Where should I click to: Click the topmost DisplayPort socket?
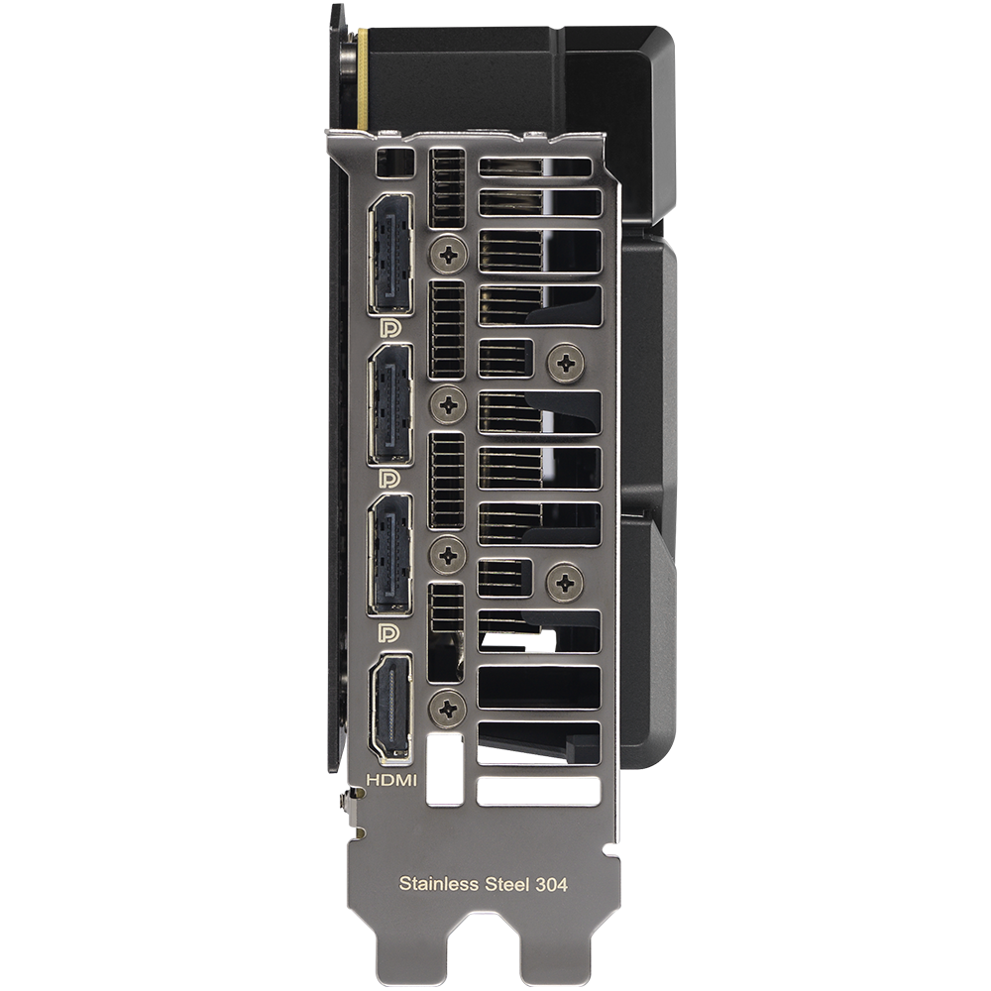click(x=391, y=254)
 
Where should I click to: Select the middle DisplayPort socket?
click(x=391, y=404)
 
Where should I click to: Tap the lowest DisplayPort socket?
click(x=391, y=554)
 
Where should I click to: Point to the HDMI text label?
click(x=391, y=781)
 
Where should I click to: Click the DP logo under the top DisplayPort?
click(x=389, y=328)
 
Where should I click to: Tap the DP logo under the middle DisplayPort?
click(x=389, y=479)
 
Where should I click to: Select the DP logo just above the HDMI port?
click(x=388, y=632)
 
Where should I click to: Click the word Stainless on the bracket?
click(x=439, y=884)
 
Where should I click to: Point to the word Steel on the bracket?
click(x=506, y=884)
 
